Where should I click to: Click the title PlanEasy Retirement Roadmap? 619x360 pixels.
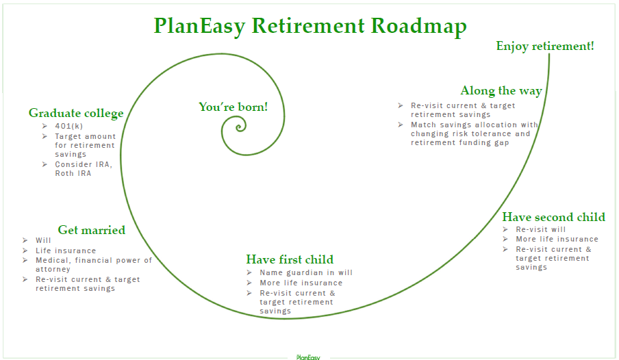[310, 26]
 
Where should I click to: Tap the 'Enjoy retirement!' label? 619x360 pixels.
[545, 46]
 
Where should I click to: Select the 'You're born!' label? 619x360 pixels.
[233, 107]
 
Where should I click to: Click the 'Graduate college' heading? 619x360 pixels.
[76, 114]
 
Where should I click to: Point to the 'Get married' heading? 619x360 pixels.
[92, 230]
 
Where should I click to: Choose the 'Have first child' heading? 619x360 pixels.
[290, 259]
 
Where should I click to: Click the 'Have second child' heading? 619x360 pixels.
[553, 217]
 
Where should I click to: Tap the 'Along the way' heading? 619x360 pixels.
[501, 91]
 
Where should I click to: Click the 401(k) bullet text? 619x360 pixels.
[68, 126]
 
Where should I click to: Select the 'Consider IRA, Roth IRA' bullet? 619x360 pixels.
[84, 168]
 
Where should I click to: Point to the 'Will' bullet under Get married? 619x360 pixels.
[43, 240]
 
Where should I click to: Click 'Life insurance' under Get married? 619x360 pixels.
[66, 250]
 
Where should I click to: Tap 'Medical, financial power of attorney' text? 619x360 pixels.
[94, 264]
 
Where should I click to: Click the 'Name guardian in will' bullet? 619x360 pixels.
[306, 272]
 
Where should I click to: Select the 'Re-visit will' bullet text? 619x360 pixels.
[540, 229]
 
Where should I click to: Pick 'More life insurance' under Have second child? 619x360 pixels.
[557, 240]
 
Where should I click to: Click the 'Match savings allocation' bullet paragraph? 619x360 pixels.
[474, 133]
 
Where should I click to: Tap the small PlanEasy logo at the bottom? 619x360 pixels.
[308, 357]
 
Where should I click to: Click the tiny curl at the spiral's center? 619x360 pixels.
[240, 127]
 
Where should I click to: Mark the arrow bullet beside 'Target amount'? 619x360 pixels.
[45, 136]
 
